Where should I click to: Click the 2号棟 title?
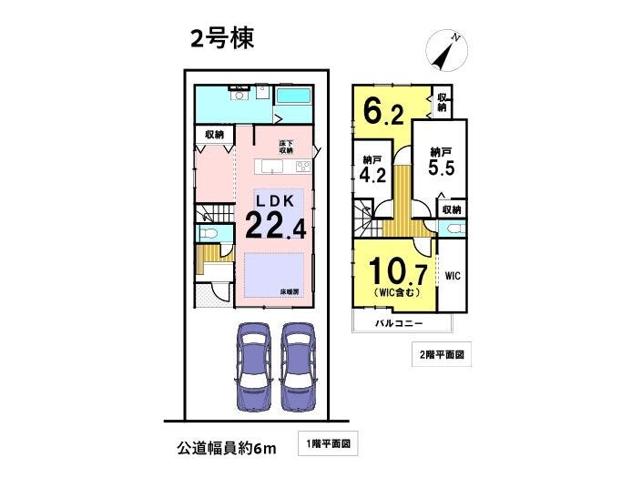(222, 38)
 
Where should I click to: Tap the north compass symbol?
(446, 50)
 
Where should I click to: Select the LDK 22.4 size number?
(276, 227)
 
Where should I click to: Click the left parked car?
(254, 366)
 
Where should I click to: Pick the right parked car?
(299, 366)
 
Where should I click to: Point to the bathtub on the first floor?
(293, 97)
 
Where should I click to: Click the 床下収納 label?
(286, 147)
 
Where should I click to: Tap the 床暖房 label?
(290, 292)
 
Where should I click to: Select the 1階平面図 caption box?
(328, 443)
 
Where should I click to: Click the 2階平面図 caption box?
(442, 354)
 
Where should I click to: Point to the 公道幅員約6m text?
(227, 449)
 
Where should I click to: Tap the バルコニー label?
(399, 324)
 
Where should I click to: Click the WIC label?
(453, 276)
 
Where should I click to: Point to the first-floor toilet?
(210, 234)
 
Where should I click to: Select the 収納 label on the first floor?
(215, 135)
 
